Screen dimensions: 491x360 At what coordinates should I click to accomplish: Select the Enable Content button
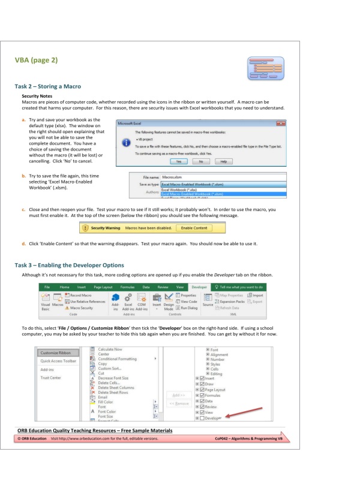tap(193, 228)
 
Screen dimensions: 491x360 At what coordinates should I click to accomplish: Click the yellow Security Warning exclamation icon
tap(86, 228)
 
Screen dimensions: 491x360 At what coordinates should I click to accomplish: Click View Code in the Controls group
tap(187, 301)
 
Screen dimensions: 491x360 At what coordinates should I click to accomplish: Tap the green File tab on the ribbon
tap(46, 287)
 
